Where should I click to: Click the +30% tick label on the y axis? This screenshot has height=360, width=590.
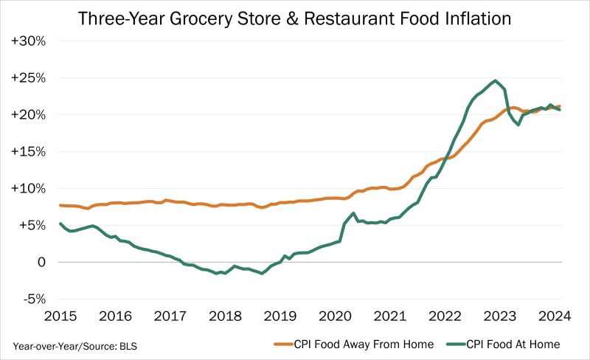pyautogui.click(x=29, y=41)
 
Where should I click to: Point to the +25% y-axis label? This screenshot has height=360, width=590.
pyautogui.click(x=29, y=78)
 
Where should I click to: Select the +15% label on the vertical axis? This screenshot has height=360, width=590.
pyautogui.click(x=29, y=152)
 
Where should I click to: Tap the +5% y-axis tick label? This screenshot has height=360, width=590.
pyautogui.click(x=32, y=226)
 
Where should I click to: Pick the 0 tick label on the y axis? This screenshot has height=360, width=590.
pyautogui.click(x=41, y=263)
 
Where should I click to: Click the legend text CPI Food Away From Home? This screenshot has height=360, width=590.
pyautogui.click(x=364, y=344)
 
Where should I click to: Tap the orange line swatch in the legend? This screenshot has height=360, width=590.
pyautogui.click(x=285, y=345)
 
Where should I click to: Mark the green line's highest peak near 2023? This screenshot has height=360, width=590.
pyautogui.click(x=496, y=81)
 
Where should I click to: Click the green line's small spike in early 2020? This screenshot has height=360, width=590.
pyautogui.click(x=354, y=213)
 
